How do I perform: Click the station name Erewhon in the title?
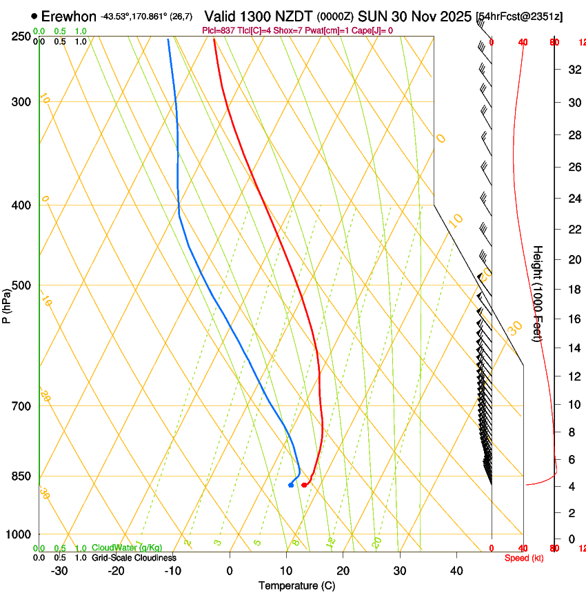[x=68, y=17]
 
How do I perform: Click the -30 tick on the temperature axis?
[x=59, y=571]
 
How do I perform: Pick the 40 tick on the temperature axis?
[x=456, y=571]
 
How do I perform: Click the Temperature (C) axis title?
[x=296, y=585]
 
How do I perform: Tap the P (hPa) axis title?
[x=6, y=303]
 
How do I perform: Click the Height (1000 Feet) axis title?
[x=538, y=293]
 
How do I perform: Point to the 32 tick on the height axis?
[x=573, y=70]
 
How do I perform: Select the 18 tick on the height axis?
[x=573, y=290]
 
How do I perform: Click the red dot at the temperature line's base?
[x=304, y=485]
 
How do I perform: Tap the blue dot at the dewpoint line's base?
[x=291, y=485]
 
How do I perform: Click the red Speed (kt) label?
[x=523, y=558]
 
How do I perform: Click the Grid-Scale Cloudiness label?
[x=134, y=558]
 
